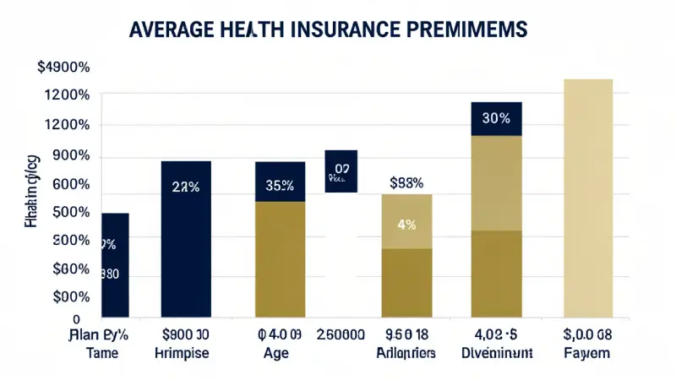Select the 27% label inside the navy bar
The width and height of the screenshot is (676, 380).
point(185,187)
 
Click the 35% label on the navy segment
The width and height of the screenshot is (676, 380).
point(279,186)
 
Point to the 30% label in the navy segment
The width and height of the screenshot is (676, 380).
point(495,118)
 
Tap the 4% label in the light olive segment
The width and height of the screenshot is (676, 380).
point(406,225)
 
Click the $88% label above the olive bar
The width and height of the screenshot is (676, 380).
point(406,182)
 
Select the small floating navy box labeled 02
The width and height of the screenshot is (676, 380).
point(341,171)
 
